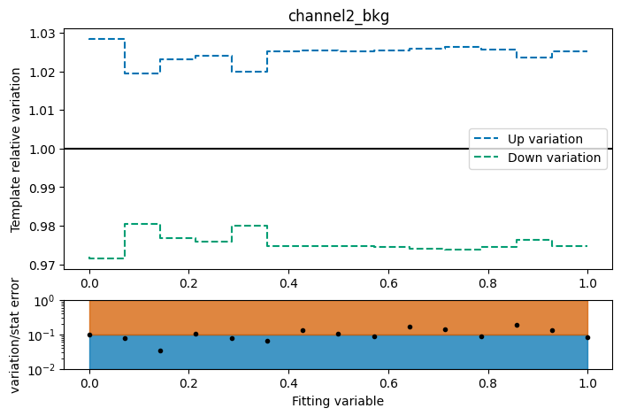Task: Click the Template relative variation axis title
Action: [x=16, y=150]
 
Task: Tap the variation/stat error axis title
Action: [x=16, y=335]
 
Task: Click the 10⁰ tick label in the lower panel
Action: [x=43, y=301]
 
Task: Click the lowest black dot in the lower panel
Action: [x=160, y=351]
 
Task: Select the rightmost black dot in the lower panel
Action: [x=587, y=337]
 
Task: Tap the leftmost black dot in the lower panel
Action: [x=89, y=335]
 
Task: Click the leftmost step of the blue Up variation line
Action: [x=106, y=39]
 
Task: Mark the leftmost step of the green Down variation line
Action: [x=106, y=258]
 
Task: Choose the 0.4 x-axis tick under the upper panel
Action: [x=288, y=282]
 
